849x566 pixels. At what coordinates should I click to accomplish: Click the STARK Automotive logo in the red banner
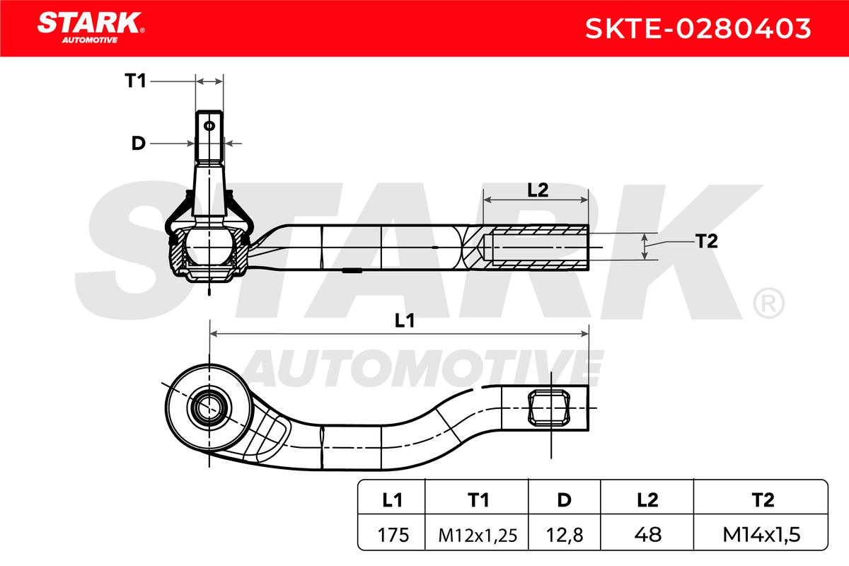[91, 28]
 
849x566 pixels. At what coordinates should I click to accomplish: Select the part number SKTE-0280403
[698, 28]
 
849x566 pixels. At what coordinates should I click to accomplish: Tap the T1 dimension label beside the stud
[135, 81]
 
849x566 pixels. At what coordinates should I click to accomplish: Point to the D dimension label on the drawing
[139, 144]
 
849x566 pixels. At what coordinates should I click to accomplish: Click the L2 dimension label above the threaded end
[538, 190]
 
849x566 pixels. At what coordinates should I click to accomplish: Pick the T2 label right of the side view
[707, 241]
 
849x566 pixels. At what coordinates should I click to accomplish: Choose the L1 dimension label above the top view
[405, 320]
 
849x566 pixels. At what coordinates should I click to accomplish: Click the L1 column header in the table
[392, 500]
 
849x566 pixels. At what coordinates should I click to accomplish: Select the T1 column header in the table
[478, 500]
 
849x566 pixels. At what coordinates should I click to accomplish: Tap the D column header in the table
[564, 500]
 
